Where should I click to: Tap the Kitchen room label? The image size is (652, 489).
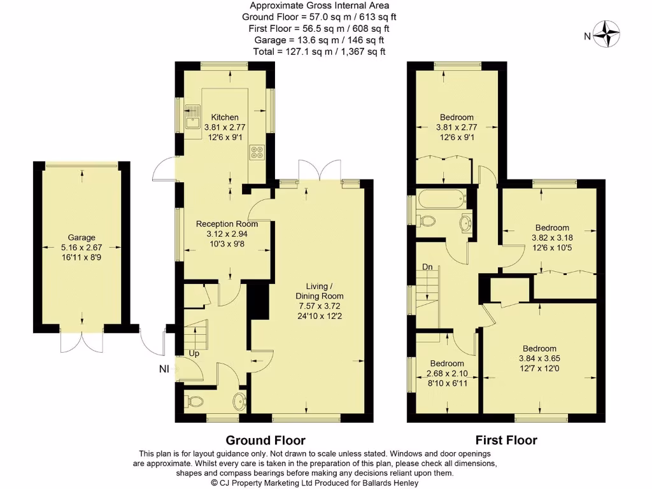click(x=225, y=117)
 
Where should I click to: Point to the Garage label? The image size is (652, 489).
click(x=81, y=237)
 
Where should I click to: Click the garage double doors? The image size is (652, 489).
click(x=81, y=341)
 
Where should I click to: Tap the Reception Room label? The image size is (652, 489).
click(x=227, y=223)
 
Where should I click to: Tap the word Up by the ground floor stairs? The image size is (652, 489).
click(x=194, y=352)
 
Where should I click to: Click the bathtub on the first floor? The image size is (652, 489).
click(x=441, y=199)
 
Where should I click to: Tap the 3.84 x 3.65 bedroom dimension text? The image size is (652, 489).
click(x=540, y=358)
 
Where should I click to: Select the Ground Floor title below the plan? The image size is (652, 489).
click(x=266, y=440)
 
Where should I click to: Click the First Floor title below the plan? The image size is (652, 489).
click(x=506, y=440)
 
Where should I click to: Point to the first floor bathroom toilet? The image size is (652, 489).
click(x=427, y=221)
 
